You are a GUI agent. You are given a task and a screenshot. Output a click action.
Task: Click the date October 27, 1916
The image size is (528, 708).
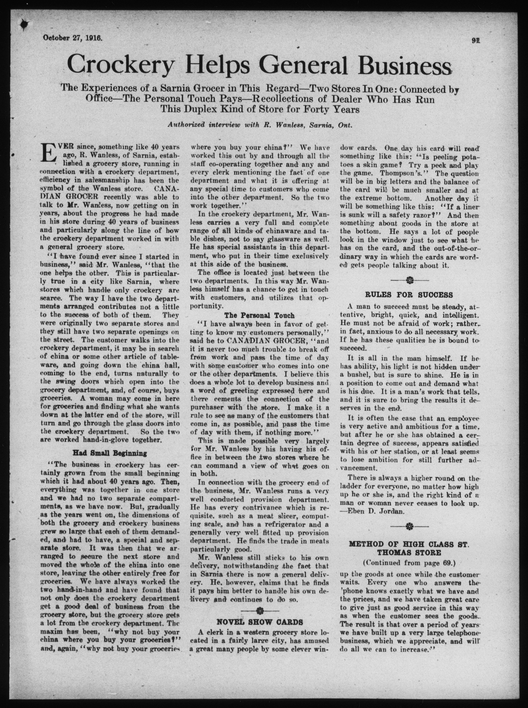tap(72, 38)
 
